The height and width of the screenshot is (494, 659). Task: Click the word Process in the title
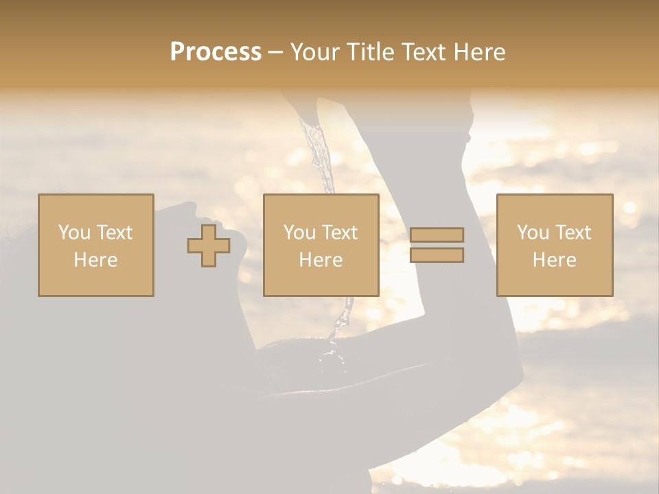point(216,52)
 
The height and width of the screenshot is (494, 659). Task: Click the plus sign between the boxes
point(209,245)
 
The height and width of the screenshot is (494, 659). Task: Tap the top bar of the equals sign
point(437,235)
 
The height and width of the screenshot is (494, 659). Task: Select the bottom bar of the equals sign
point(437,255)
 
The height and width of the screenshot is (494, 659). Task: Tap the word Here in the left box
point(95,260)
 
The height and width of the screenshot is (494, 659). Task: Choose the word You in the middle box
point(299,233)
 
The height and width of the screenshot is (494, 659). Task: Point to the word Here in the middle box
point(321,260)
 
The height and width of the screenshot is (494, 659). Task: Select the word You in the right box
point(533,233)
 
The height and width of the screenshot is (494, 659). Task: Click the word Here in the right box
point(554,260)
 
